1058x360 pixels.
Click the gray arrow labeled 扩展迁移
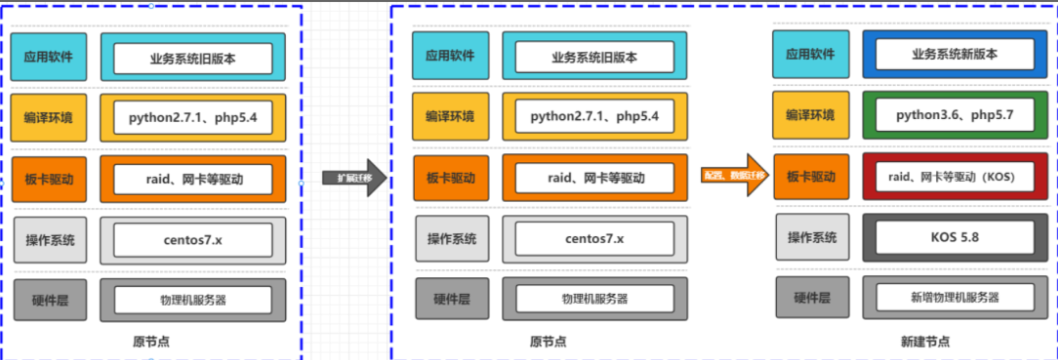click(x=353, y=178)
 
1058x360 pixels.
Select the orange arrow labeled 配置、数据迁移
click(x=733, y=175)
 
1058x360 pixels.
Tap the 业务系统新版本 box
click(x=955, y=55)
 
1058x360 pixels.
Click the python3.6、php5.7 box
click(x=955, y=115)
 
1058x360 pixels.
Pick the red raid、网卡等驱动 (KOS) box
click(x=955, y=177)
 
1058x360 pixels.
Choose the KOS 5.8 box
click(x=955, y=237)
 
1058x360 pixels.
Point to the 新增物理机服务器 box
click(x=955, y=298)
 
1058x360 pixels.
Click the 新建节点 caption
click(x=925, y=341)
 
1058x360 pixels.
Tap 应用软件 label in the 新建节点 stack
click(x=810, y=55)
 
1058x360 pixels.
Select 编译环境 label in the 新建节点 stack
click(x=810, y=115)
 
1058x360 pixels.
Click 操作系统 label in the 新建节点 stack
click(x=812, y=237)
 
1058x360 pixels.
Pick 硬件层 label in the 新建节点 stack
click(x=812, y=298)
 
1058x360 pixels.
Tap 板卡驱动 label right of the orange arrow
click(x=811, y=177)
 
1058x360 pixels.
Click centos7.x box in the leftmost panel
click(x=192, y=240)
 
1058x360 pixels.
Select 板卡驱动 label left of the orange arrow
click(x=451, y=178)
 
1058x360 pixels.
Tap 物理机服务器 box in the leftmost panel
click(x=192, y=300)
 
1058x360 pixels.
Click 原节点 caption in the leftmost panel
click(x=151, y=341)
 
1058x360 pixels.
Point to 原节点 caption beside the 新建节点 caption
click(x=548, y=341)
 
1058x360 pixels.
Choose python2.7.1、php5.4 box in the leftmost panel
click(x=192, y=118)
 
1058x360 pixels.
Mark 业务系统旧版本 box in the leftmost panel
click(x=192, y=58)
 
